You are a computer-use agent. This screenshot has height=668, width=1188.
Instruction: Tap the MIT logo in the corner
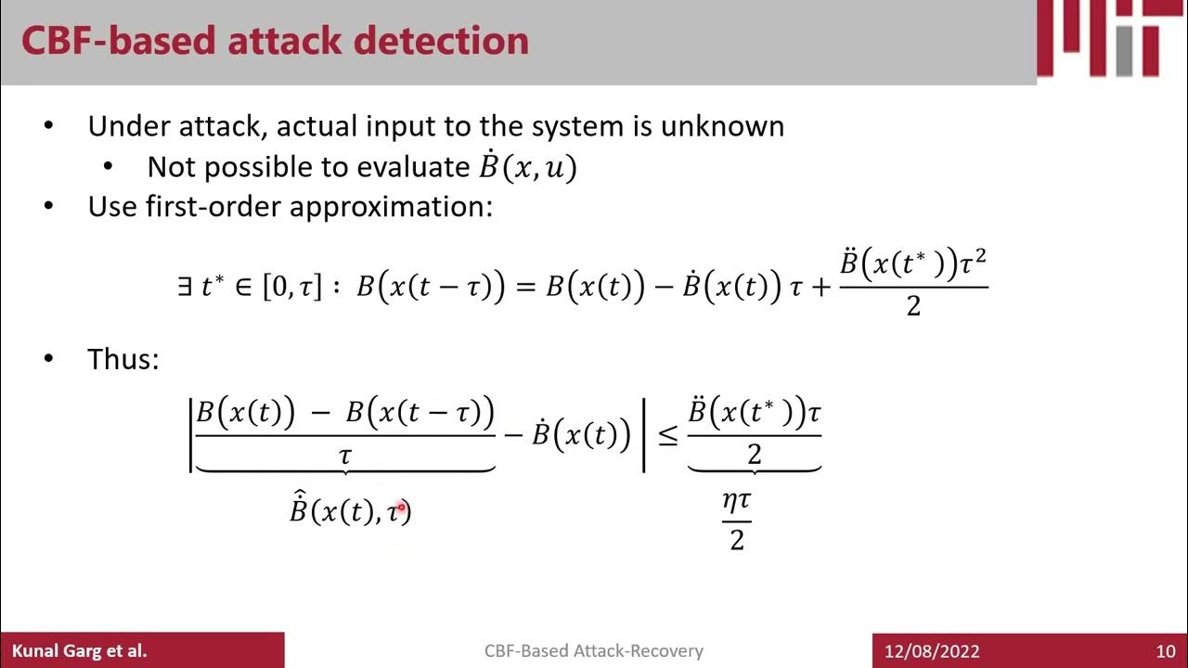[1112, 39]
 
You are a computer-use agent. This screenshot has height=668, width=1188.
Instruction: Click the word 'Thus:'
[123, 359]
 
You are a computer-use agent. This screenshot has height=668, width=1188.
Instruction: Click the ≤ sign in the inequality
[667, 435]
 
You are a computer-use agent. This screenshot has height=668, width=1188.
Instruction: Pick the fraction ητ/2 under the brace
[737, 520]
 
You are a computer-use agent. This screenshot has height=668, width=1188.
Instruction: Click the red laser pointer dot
[401, 507]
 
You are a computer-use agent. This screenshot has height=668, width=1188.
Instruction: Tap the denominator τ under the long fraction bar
[345, 456]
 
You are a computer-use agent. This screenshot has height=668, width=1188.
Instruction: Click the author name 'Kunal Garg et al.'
[79, 651]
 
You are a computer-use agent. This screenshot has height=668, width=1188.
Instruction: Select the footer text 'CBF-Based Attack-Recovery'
[593, 651]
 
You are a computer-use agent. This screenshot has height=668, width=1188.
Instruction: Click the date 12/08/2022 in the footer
[934, 651]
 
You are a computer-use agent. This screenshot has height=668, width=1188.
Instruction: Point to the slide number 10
[1165, 651]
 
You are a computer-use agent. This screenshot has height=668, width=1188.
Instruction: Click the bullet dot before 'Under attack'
[49, 126]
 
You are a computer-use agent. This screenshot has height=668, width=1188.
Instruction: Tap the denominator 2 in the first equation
[913, 305]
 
